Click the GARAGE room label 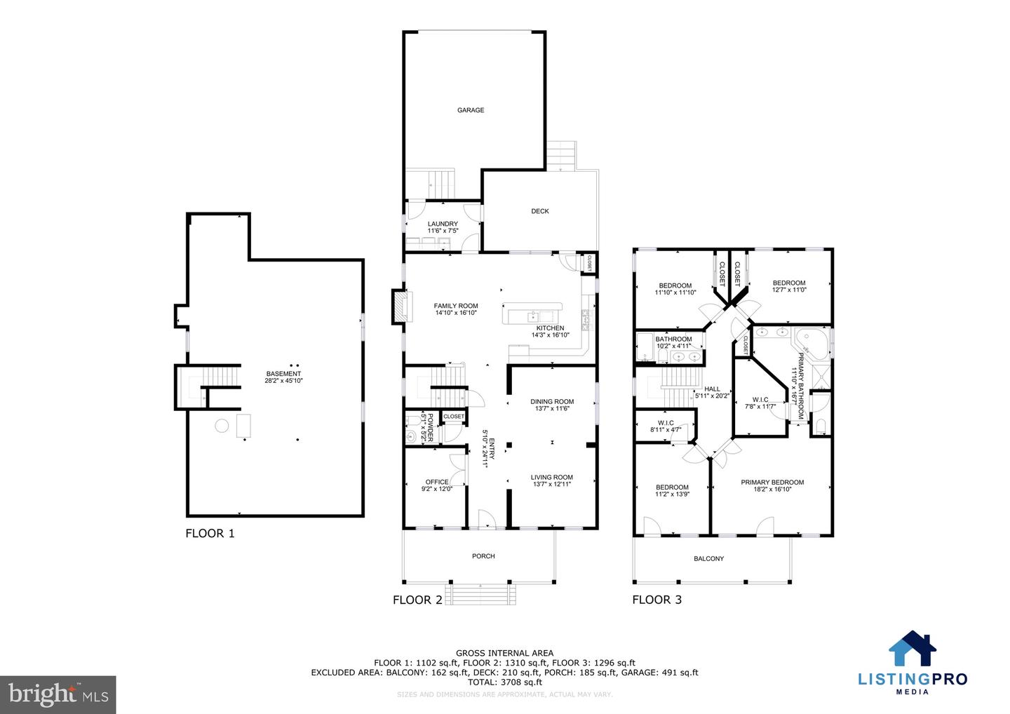click(x=471, y=110)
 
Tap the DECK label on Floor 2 click(x=539, y=211)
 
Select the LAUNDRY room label click(x=443, y=224)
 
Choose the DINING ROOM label click(x=552, y=402)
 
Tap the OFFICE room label click(x=436, y=482)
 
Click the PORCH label click(x=483, y=556)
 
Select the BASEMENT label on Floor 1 click(x=283, y=374)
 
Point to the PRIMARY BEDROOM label click(x=772, y=483)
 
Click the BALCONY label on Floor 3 click(x=708, y=559)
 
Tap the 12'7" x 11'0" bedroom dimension click(x=789, y=290)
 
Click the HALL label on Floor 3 click(x=712, y=389)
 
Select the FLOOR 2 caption click(x=417, y=600)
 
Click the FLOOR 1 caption click(x=210, y=534)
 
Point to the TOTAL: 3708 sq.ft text click(x=504, y=682)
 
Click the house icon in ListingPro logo click(x=913, y=649)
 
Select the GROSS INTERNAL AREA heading click(x=504, y=653)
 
